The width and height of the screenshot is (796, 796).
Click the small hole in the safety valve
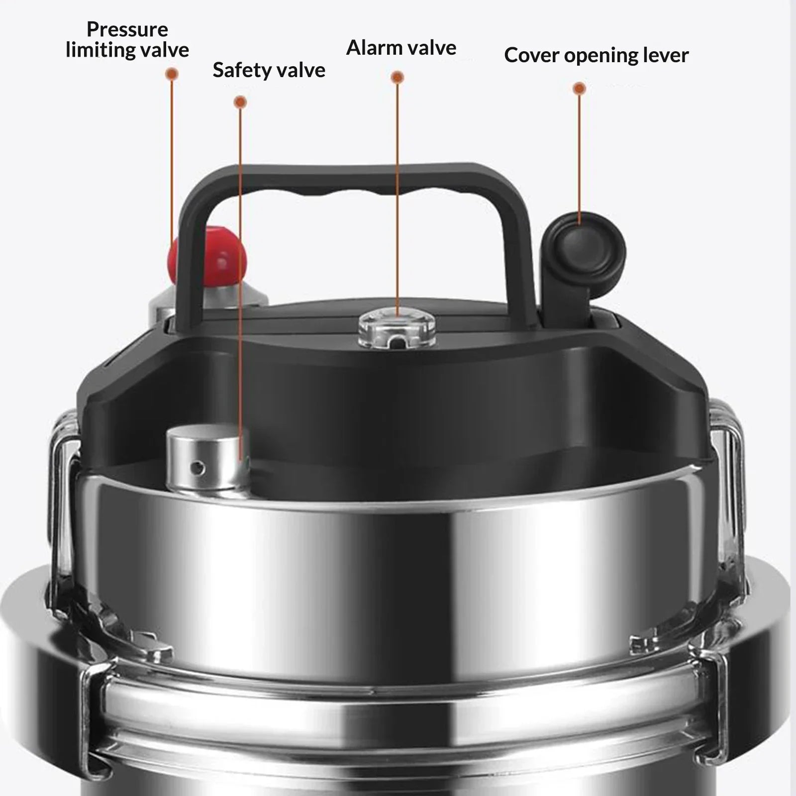[199, 467]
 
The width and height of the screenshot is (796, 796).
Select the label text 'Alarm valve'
[401, 48]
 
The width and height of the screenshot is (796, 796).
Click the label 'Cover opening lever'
[596, 55]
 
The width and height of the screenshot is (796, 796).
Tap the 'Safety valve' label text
[269, 70]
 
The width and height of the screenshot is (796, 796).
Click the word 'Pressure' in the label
[127, 29]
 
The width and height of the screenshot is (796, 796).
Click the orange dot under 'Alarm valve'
[397, 77]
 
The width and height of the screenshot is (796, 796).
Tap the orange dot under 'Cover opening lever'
[579, 89]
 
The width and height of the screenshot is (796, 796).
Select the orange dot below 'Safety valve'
[240, 102]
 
